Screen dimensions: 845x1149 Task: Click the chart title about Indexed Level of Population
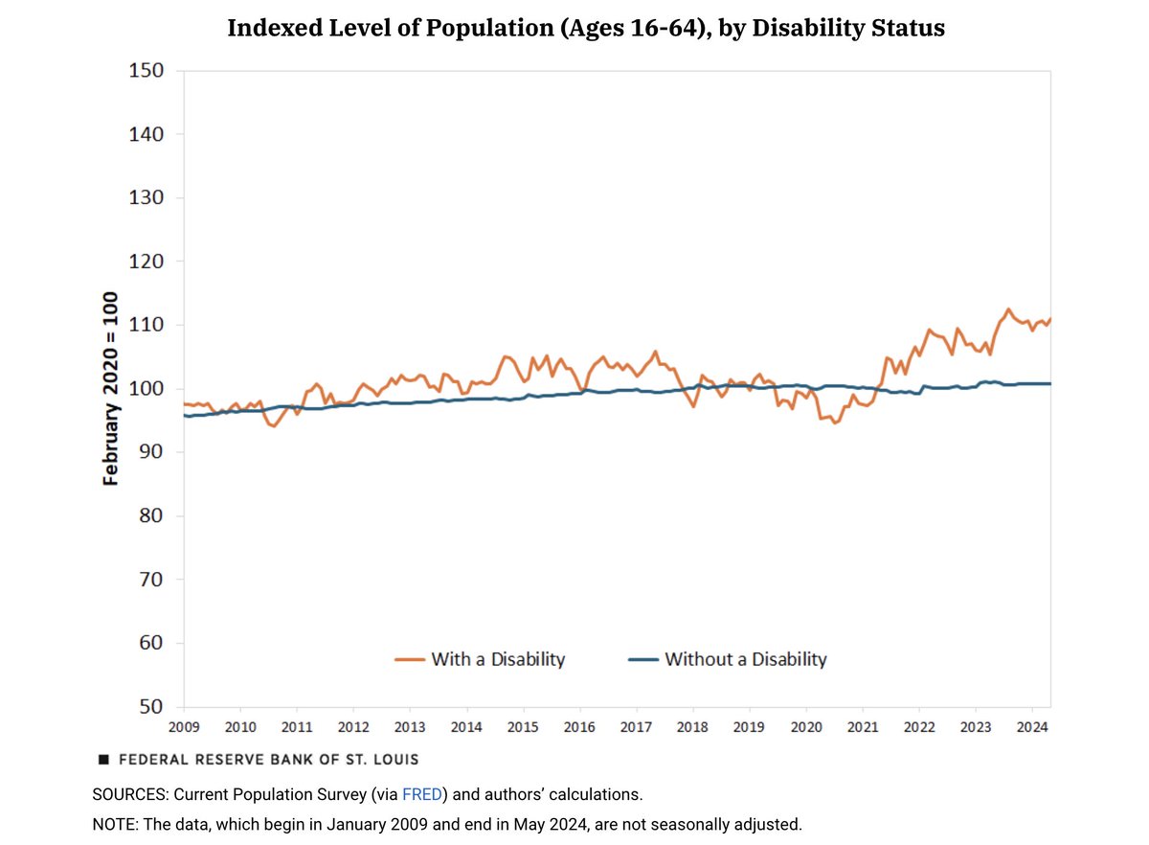[x=585, y=28]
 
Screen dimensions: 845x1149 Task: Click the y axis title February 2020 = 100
[x=112, y=388]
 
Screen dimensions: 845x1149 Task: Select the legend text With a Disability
[x=498, y=659]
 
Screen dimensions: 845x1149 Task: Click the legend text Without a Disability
[x=745, y=659]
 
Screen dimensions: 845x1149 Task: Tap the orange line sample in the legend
[x=409, y=659]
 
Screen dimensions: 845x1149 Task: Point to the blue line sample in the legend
[x=642, y=659]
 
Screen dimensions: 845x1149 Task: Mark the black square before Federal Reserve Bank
[x=103, y=760]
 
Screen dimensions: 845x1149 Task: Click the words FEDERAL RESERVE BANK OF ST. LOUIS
[x=268, y=760]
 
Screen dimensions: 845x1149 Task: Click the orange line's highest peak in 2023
[x=1008, y=309]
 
